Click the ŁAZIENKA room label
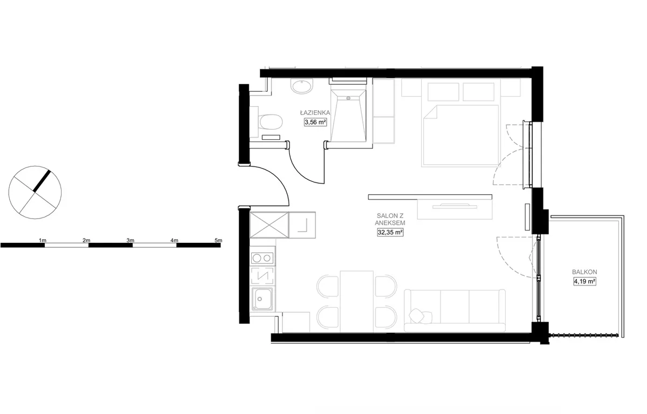pos(315,112)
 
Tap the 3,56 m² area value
pos(315,122)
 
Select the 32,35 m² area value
pos(390,232)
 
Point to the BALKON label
pos(584,272)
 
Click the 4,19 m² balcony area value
pos(584,281)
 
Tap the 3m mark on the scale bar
pos(130,240)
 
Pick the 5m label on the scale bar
pos(218,240)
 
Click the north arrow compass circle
pos(35,192)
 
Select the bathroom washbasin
pos(302,86)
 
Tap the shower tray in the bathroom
pos(348,116)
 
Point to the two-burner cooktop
pos(262,258)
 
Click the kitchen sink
pos(262,299)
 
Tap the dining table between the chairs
pos(357,302)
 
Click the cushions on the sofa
pos(421,316)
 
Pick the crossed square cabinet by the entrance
pos(269,225)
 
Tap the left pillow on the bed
pos(443,92)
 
